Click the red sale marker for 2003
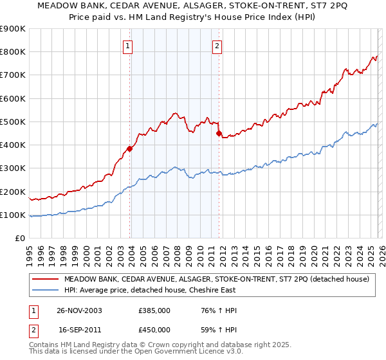click(x=130, y=148)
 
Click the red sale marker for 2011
click(x=219, y=134)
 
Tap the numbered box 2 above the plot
click(x=217, y=46)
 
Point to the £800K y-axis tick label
click(x=13, y=52)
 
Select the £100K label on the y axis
click(x=13, y=215)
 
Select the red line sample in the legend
click(x=45, y=279)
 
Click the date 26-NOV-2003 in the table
click(x=79, y=310)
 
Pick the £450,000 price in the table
click(x=154, y=329)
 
